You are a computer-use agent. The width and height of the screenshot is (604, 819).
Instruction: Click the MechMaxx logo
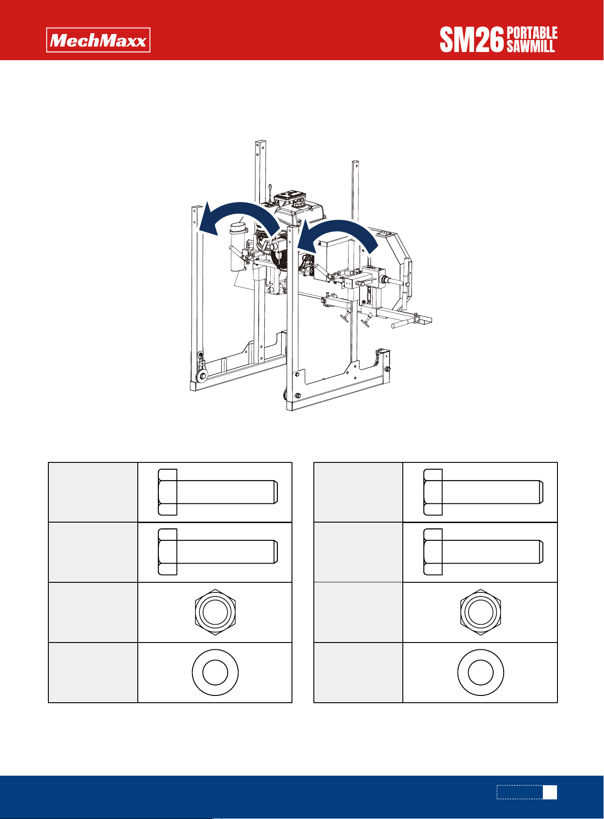click(x=98, y=40)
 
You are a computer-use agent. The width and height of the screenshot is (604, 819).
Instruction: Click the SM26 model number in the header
click(x=472, y=40)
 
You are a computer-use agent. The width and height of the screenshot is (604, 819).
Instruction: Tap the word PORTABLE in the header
click(x=532, y=33)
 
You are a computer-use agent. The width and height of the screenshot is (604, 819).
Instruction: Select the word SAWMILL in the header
click(x=531, y=47)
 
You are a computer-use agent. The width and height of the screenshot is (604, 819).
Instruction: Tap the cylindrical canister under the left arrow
click(x=238, y=246)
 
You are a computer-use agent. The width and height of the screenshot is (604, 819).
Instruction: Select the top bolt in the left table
click(x=218, y=492)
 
